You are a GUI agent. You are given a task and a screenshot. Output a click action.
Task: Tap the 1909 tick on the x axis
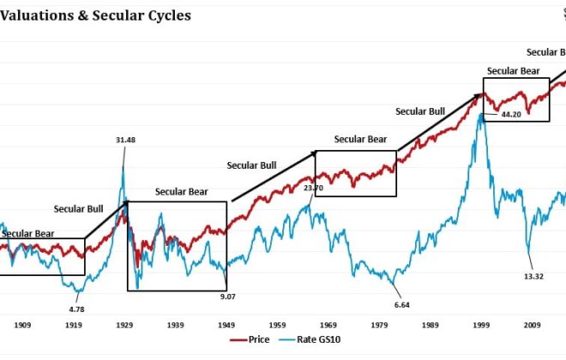click(x=22, y=326)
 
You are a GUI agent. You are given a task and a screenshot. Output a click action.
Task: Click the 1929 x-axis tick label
click(x=125, y=326)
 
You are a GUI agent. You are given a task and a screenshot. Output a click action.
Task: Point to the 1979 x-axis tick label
click(x=378, y=326)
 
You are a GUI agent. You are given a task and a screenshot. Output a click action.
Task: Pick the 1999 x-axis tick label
click(x=481, y=326)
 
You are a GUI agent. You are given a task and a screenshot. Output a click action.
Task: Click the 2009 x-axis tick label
click(x=532, y=326)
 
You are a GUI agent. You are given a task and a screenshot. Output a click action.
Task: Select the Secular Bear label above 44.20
click(x=513, y=71)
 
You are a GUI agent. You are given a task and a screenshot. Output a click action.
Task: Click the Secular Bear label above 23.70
click(x=360, y=139)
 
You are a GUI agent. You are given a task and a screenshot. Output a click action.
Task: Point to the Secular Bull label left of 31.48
click(x=80, y=208)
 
